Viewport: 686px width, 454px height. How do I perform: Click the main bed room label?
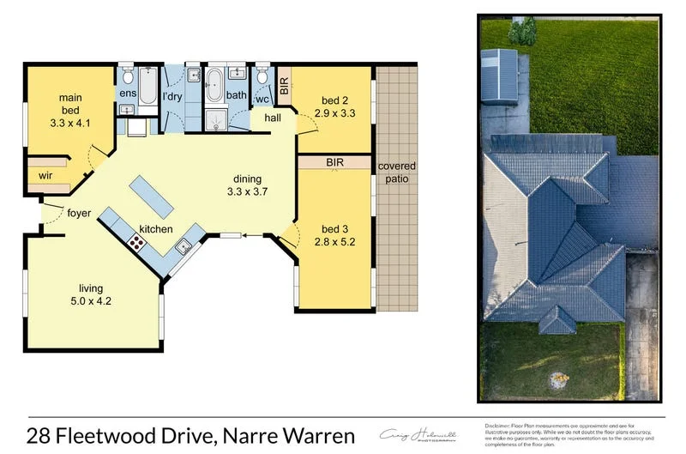tap(70, 110)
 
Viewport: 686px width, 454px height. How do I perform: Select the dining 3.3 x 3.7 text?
tap(247, 185)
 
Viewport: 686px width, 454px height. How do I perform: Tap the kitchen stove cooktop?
tap(135, 242)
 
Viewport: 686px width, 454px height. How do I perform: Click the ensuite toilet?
tap(126, 73)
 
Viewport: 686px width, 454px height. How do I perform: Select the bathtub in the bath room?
tap(214, 85)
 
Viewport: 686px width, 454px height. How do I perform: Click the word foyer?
tap(79, 214)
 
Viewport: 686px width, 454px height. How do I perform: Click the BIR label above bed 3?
tap(334, 161)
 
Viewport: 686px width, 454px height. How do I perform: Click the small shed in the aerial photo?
tap(501, 76)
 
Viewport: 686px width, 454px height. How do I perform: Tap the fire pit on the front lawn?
tap(558, 375)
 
